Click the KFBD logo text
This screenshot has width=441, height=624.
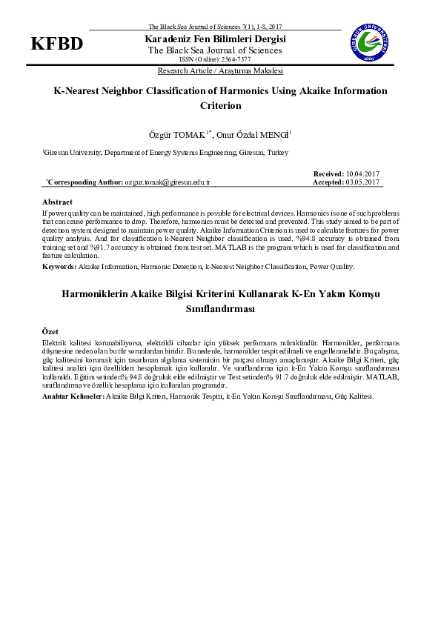pos(56,44)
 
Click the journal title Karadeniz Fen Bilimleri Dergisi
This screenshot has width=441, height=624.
pos(215,39)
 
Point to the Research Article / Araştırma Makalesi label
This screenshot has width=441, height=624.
pos(220,71)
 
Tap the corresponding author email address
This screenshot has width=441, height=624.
pos(168,182)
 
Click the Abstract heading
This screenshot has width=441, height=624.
pos(57,202)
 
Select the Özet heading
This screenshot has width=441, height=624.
pos(50,331)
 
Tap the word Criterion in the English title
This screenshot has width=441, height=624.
pos(221,105)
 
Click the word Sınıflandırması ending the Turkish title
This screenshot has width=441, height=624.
pos(220,308)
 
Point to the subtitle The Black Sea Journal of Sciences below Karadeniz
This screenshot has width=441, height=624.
pos(215,50)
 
